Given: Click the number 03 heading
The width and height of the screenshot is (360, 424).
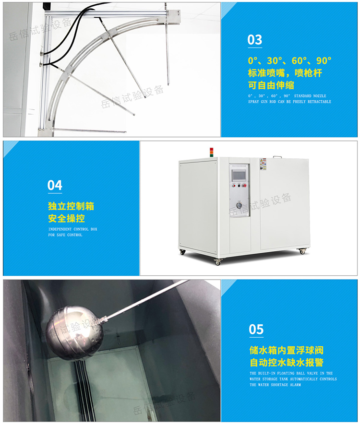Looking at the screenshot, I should point(255,40).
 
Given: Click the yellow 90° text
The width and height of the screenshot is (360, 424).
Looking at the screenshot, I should point(324,61).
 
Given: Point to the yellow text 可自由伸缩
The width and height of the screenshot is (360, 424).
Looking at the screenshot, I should point(271,85).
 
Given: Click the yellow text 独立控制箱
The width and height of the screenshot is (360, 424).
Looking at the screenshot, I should point(71,207).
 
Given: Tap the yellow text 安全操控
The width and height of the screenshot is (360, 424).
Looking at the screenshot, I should point(66,219).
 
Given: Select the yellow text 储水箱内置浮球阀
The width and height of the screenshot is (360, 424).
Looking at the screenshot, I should point(287,351).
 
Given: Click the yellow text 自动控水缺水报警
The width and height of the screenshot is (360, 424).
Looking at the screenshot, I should point(287,363).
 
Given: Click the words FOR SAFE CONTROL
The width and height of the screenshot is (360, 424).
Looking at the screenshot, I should point(65,235).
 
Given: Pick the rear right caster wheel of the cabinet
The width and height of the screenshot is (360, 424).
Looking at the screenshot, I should point(302,251).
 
